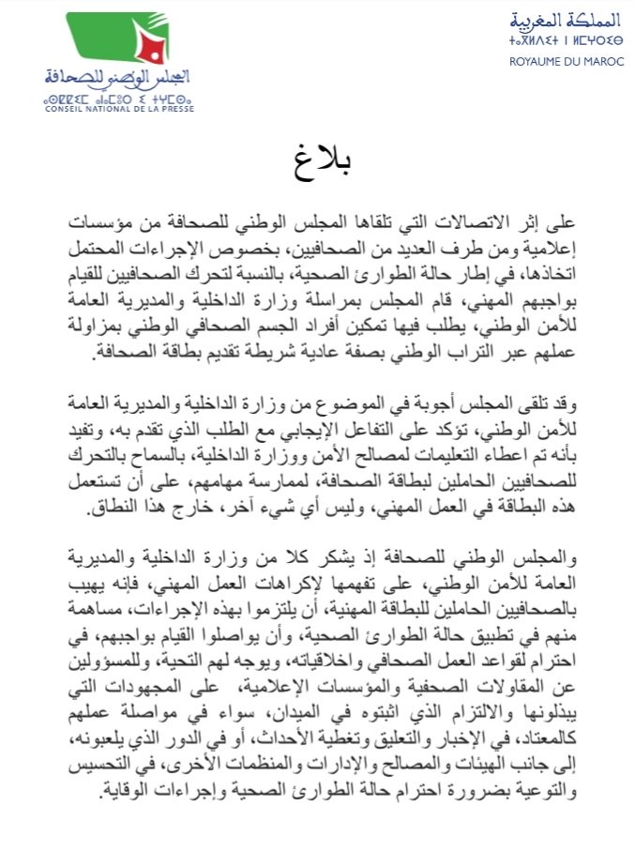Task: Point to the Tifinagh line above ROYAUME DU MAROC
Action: (554, 41)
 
